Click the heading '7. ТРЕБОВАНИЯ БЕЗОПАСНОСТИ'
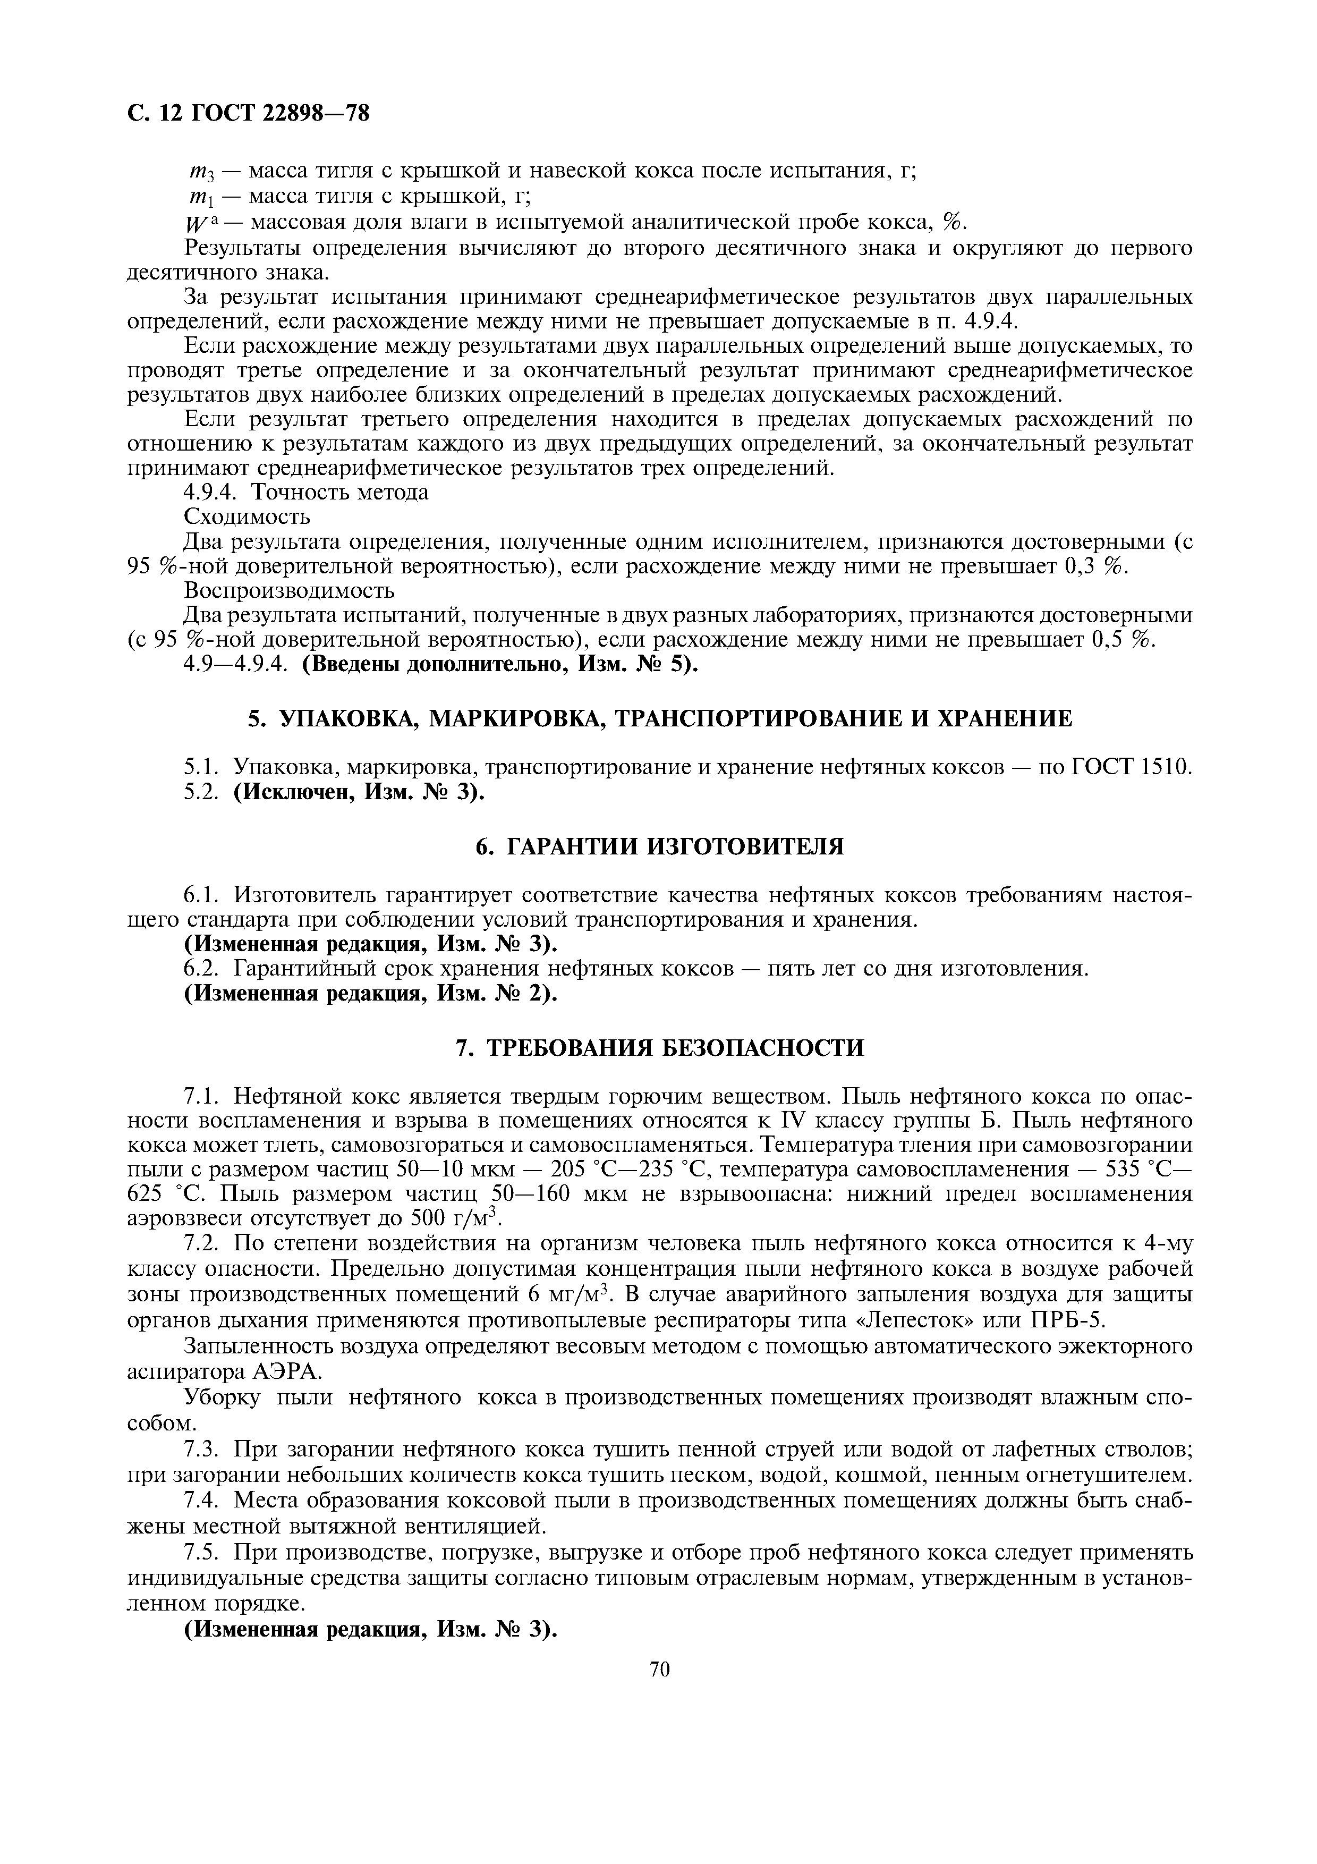[x=659, y=1048]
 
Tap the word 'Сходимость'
[x=247, y=516]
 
